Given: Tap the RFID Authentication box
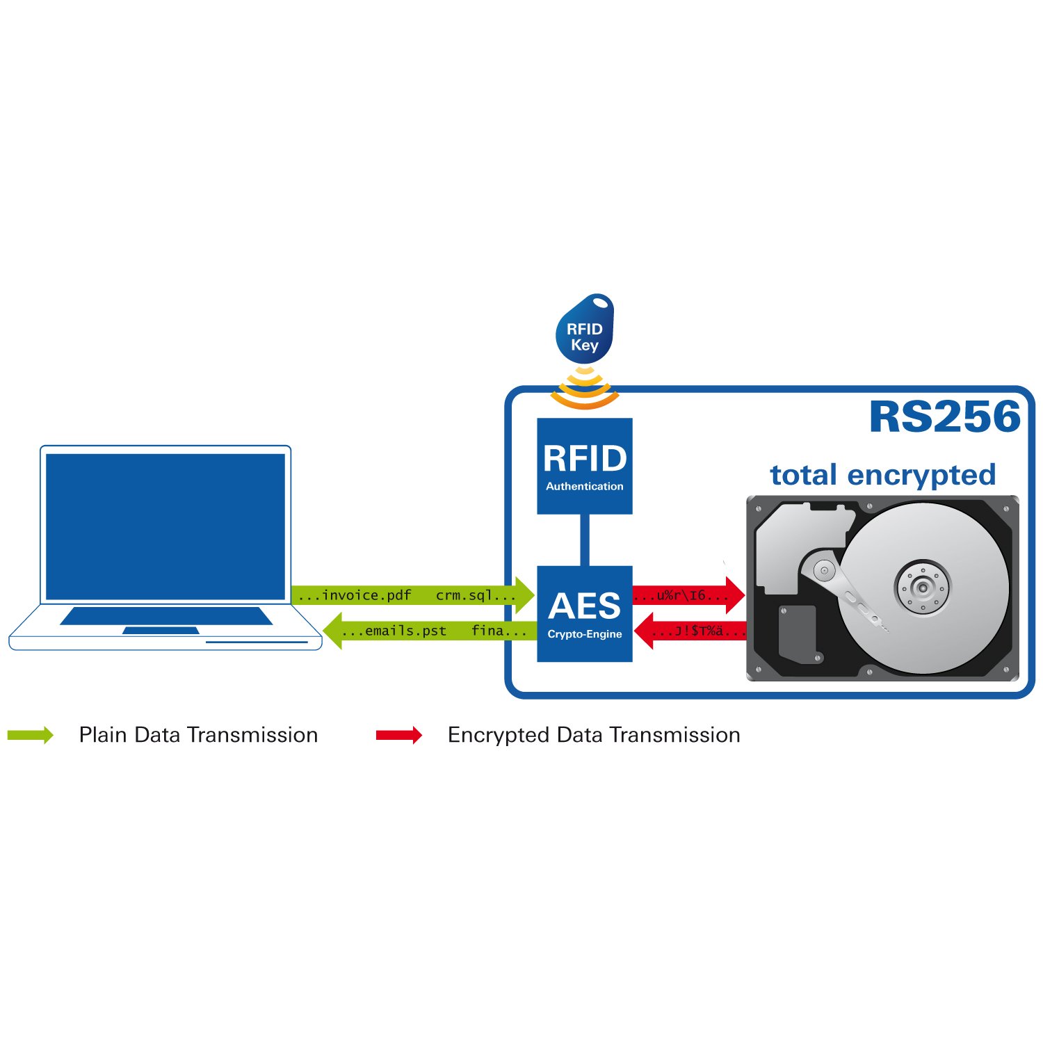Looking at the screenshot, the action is tap(585, 466).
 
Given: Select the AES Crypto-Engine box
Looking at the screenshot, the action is tap(585, 613).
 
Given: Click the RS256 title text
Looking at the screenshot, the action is tap(945, 417).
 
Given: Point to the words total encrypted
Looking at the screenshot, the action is tap(883, 475).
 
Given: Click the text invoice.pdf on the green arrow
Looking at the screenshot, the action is tap(367, 595).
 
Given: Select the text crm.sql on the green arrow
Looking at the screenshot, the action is tap(464, 595).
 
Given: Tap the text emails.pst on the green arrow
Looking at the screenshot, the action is tap(406, 631).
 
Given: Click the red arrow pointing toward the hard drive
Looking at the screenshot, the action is tap(688, 595).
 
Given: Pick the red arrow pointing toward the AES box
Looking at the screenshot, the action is tap(690, 631).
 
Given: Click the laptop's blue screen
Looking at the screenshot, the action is tap(165, 526).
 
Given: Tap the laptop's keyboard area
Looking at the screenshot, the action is tap(166, 615).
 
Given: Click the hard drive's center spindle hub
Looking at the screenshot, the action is tap(923, 588).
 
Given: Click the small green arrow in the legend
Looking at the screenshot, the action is tap(31, 735).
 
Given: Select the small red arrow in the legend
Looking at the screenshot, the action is tap(399, 735).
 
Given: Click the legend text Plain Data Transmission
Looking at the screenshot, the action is tap(198, 735).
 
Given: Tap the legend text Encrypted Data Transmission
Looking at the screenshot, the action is tap(594, 735).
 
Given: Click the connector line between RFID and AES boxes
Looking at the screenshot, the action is tap(585, 540).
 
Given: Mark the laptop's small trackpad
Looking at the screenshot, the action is tap(161, 631).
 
